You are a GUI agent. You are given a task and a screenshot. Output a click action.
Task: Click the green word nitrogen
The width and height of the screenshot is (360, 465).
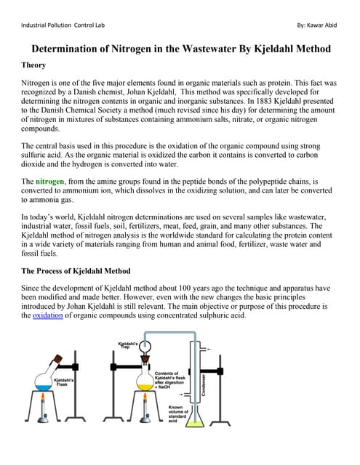[50, 181]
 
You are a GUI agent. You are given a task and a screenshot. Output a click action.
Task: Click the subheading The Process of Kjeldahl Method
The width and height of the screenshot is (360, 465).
[76, 271]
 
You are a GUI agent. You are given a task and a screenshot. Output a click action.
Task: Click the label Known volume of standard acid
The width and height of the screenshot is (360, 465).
[180, 413]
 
